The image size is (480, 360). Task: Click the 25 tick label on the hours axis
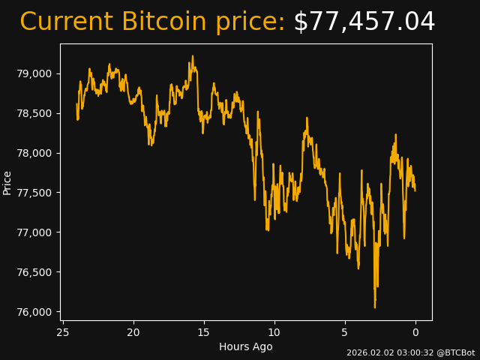click(x=63, y=332)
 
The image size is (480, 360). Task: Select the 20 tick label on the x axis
click(x=133, y=332)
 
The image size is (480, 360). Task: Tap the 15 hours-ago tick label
click(x=204, y=332)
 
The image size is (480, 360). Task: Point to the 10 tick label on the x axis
click(x=274, y=332)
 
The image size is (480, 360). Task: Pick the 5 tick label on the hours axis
click(x=345, y=332)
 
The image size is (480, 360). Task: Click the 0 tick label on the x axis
click(x=415, y=332)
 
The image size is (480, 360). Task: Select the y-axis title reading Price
click(x=7, y=182)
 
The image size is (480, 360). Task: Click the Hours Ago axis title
click(x=246, y=346)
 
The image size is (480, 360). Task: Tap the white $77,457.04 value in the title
click(x=364, y=22)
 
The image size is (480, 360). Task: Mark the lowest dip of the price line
click(x=375, y=307)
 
